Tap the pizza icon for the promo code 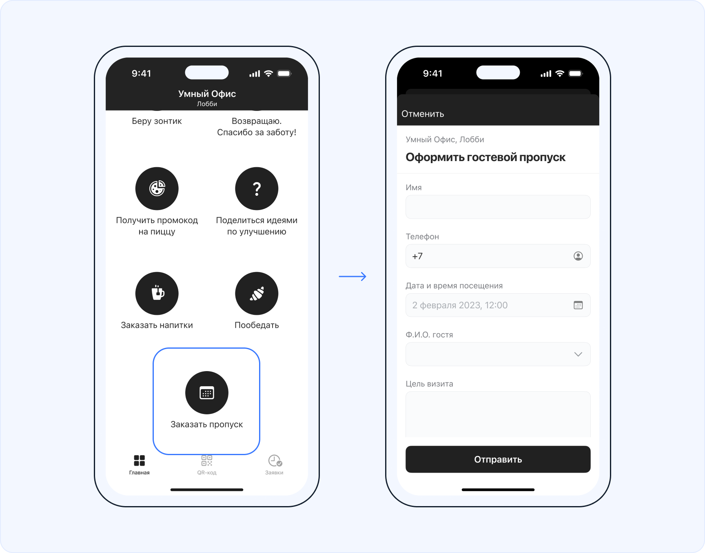point(157,188)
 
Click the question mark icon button point(257,188)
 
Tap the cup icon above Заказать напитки point(157,293)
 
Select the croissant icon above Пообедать point(257,293)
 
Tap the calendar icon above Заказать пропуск point(207,393)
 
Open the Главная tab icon point(140,460)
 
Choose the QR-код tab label point(207,473)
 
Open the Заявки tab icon point(275,461)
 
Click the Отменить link point(423,114)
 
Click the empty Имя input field point(498,207)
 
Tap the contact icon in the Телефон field point(578,256)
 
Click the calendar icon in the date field point(578,305)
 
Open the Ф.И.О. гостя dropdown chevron point(578,354)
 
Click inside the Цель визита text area point(498,414)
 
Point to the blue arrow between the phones point(352,276)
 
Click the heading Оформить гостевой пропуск point(486,157)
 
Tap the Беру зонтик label point(157,121)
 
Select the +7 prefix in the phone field point(417,256)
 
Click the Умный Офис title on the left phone point(207,94)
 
